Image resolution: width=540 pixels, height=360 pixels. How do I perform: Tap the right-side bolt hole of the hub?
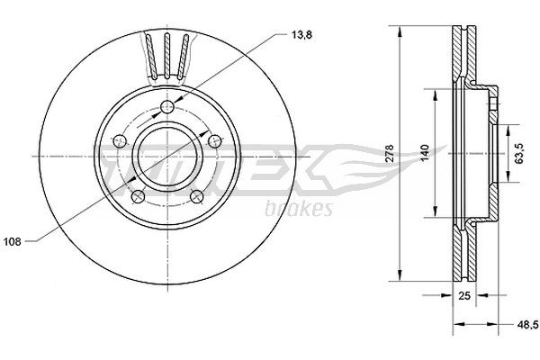[x=214, y=139]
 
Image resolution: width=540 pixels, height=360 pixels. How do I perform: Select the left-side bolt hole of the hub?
[x=120, y=141]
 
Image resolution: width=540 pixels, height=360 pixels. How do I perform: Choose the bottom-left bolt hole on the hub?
[x=138, y=195]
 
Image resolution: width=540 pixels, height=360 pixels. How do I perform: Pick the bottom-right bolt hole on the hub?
[x=196, y=195]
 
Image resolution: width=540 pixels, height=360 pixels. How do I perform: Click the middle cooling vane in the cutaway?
[x=167, y=56]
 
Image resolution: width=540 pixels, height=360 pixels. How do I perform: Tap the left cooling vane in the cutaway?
[x=149, y=57]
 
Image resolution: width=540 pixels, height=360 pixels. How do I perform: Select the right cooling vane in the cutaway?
[x=184, y=57]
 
